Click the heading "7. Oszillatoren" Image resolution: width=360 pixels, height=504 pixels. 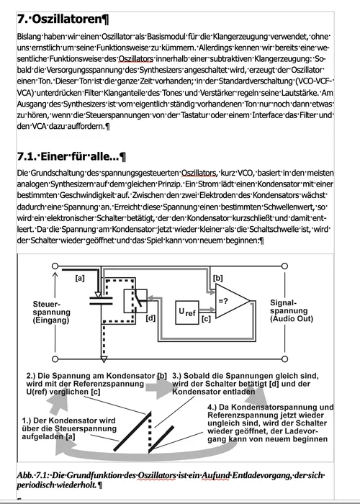coord(63,19)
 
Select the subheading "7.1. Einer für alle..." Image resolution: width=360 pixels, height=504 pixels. coord(71,156)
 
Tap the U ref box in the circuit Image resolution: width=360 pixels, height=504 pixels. coord(187,312)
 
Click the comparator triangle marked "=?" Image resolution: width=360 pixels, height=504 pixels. coord(232,301)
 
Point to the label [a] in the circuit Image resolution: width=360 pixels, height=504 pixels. coord(80,278)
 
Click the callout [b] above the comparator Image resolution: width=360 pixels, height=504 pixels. coord(218,278)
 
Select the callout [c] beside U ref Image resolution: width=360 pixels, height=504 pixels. coord(206,319)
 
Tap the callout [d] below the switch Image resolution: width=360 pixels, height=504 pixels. coord(150,318)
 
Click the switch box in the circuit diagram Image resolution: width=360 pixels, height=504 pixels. coord(135,301)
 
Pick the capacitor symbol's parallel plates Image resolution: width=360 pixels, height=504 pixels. coord(101,301)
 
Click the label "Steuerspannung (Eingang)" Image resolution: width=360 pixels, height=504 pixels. coord(51,312)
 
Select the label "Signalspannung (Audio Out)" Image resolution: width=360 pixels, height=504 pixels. coord(292,310)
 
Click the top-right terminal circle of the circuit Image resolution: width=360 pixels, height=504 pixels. coord(284,266)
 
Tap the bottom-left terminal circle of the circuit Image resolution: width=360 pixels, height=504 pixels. coord(55,359)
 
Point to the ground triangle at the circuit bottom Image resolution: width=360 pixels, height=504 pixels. coord(104,359)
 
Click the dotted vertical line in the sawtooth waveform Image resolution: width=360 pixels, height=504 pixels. coord(149,433)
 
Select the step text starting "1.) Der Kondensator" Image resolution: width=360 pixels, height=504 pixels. coord(69,428)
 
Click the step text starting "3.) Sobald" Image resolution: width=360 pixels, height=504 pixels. coord(246,384)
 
